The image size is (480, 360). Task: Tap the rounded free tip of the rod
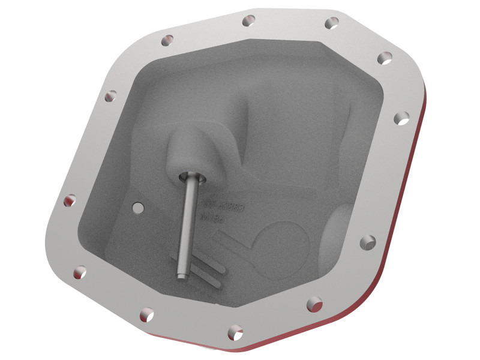(x=181, y=273)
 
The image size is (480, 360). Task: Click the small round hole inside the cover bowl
(x=138, y=208)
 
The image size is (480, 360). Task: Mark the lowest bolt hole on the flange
(x=236, y=331)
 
